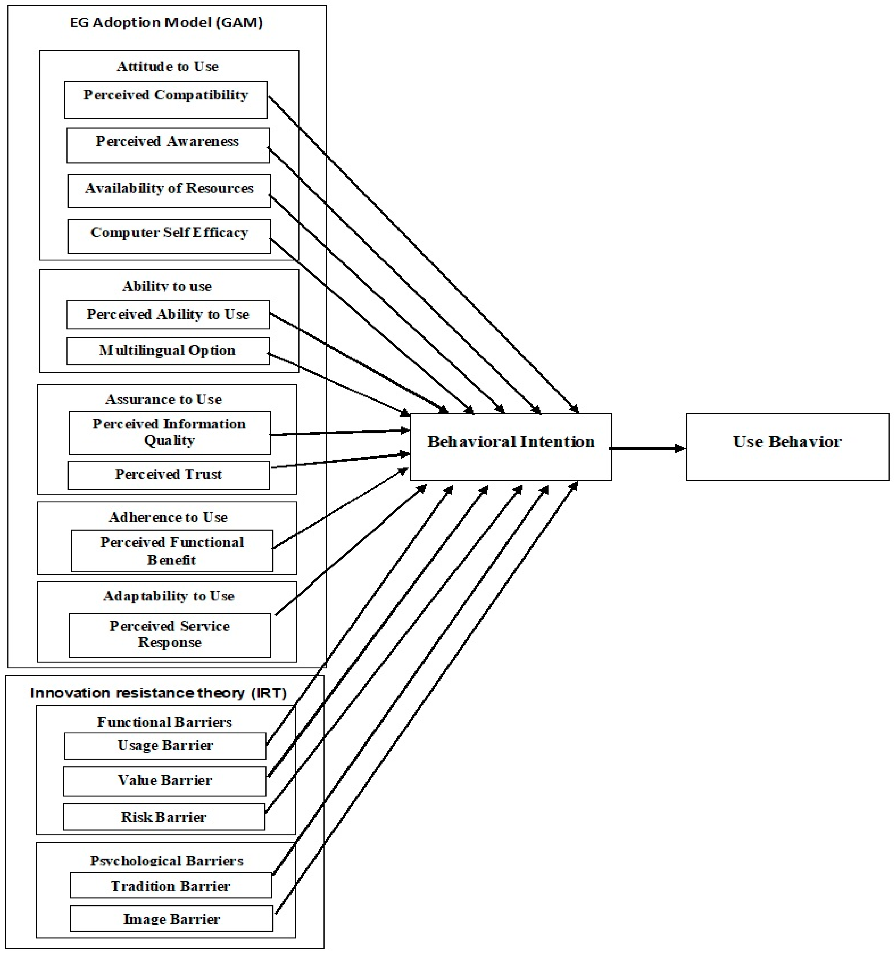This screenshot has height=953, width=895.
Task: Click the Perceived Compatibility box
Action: [165, 100]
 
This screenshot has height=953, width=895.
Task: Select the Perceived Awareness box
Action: [168, 145]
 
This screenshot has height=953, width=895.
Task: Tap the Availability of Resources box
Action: [169, 191]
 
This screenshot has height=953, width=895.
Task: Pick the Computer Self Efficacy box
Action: [169, 236]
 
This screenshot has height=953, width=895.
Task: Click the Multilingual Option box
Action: [168, 351]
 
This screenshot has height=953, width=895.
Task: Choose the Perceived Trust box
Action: [168, 475]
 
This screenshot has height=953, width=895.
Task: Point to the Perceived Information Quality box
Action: [169, 432]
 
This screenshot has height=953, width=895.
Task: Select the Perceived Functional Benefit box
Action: [172, 551]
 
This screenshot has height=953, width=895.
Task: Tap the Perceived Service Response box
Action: [169, 635]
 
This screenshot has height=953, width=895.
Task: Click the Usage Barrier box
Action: [165, 746]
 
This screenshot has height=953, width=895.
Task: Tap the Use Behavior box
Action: [787, 447]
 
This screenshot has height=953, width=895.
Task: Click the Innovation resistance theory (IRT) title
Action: [158, 693]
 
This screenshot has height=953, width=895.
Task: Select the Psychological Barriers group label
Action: [166, 860]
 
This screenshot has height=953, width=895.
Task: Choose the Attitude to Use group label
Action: [167, 67]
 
